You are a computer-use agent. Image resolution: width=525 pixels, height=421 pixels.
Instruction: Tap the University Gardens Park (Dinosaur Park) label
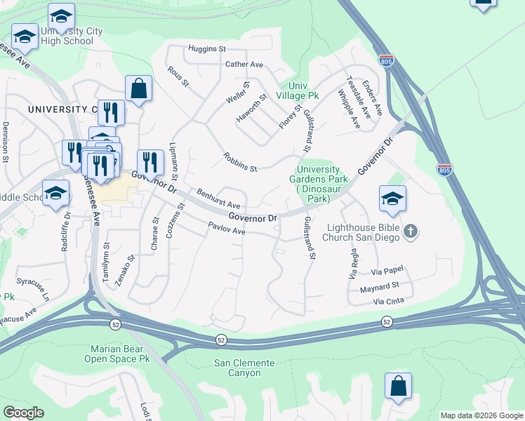tap(318, 184)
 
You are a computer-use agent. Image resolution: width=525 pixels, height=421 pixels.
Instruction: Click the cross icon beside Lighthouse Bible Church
tap(411, 231)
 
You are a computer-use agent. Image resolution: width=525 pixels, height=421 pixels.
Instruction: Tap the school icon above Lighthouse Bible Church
tap(392, 199)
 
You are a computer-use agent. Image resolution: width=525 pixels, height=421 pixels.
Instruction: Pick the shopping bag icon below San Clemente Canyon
tap(398, 387)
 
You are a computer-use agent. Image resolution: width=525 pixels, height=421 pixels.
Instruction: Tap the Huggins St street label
tap(206, 49)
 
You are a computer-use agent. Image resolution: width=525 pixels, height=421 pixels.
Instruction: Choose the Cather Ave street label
tap(244, 65)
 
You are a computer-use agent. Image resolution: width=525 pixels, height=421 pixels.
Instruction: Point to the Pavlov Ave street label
tap(225, 229)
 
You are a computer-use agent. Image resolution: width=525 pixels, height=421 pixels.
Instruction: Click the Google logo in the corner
tap(23, 413)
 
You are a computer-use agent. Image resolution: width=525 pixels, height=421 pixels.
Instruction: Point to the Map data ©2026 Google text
tap(481, 415)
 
